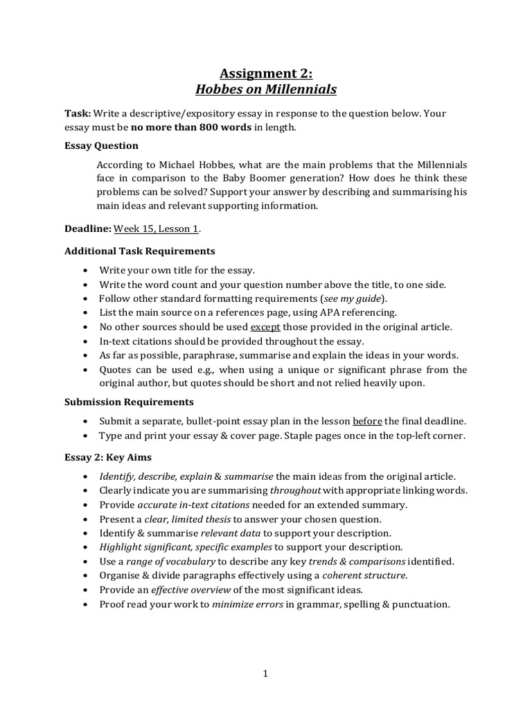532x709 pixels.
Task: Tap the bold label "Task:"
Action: point(78,113)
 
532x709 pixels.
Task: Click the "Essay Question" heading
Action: point(101,145)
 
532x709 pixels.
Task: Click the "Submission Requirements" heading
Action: point(129,402)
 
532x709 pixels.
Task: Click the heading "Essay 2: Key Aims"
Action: point(107,457)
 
